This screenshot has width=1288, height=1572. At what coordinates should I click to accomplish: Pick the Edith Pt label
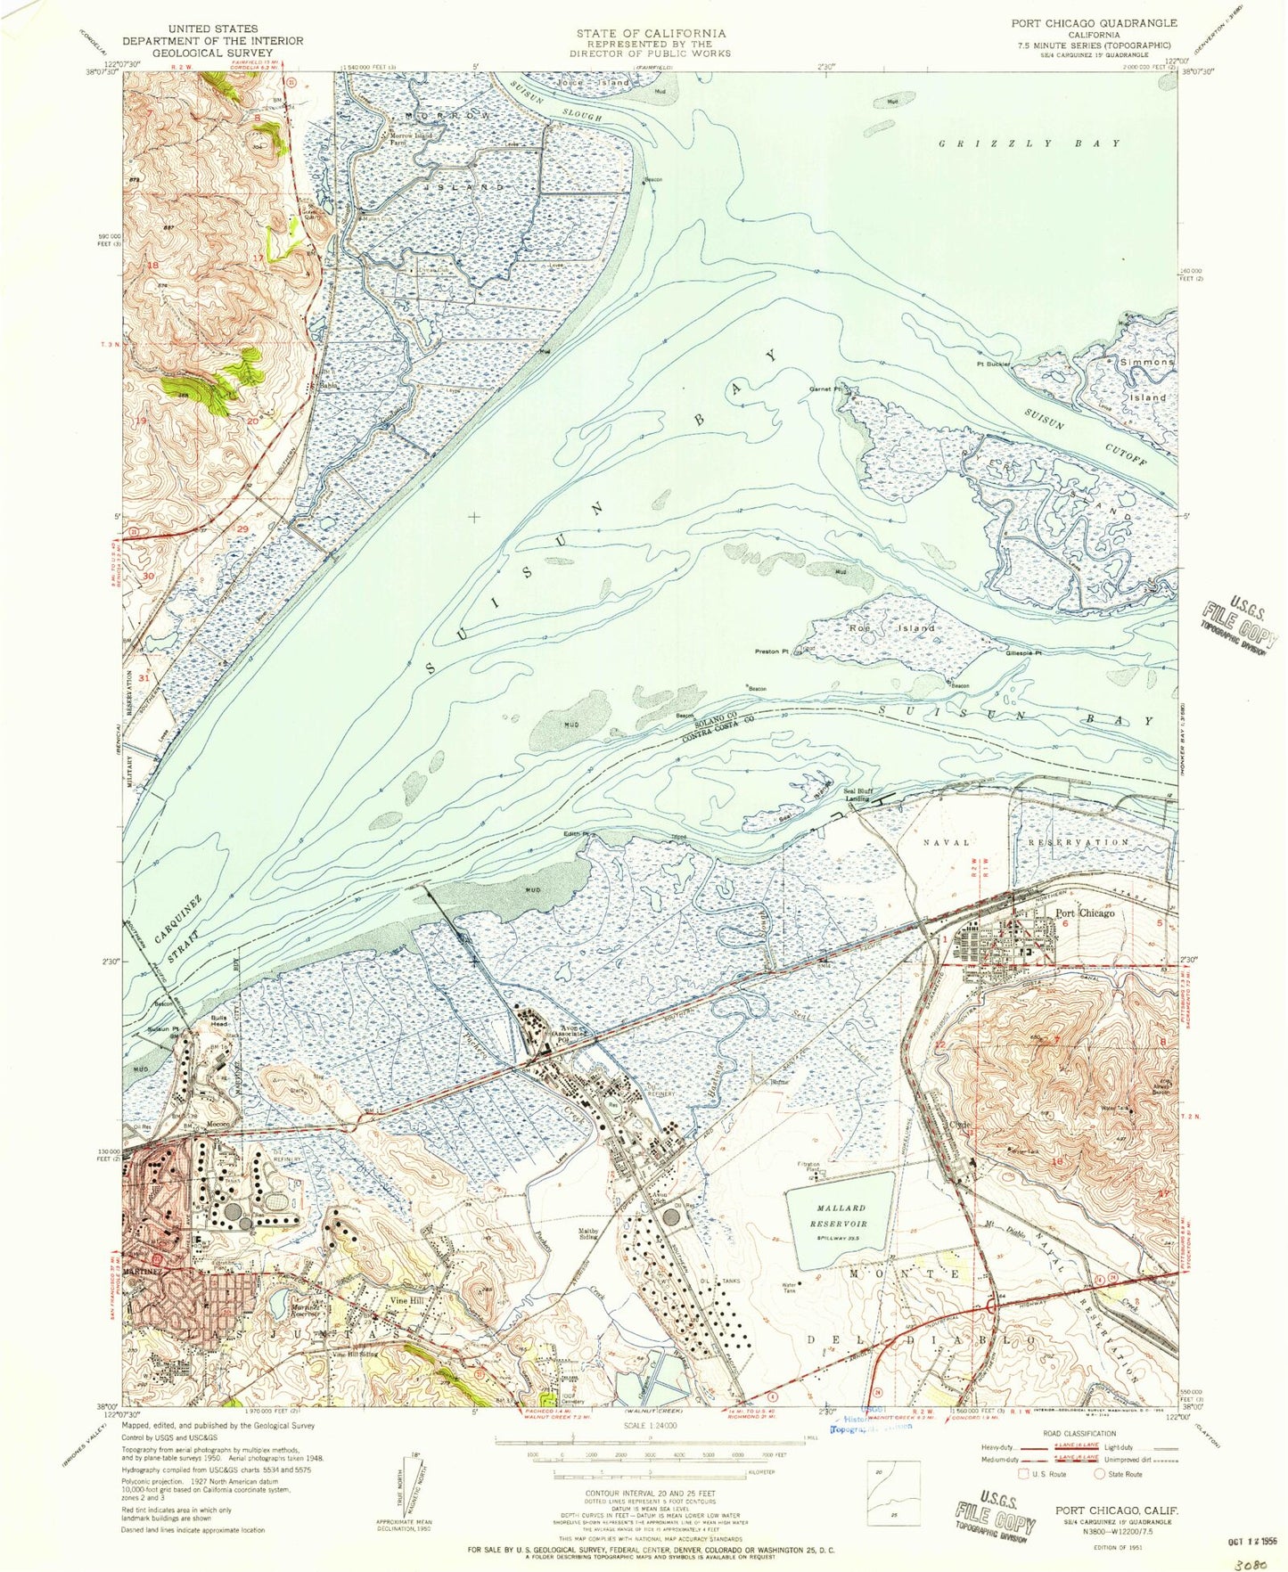click(576, 834)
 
